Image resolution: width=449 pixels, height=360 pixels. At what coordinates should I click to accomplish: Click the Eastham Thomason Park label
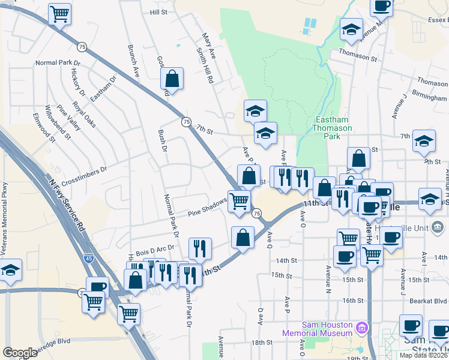(x=328, y=128)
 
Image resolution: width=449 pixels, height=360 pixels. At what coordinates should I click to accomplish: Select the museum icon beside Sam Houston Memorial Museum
(x=361, y=328)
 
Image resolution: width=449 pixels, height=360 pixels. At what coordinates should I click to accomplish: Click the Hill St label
(x=158, y=12)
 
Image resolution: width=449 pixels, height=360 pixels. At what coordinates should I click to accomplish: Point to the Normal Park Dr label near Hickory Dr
(x=58, y=62)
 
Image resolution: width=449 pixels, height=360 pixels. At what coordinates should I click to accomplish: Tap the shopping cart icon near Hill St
(x=59, y=13)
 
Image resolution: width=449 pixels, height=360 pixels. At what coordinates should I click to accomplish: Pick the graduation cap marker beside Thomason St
(x=351, y=29)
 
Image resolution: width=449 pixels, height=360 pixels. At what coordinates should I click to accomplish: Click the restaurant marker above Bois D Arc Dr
(x=200, y=248)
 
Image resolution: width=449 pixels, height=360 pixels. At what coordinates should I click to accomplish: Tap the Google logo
(x=20, y=352)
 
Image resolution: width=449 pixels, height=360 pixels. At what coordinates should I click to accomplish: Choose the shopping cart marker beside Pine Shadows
(x=239, y=201)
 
